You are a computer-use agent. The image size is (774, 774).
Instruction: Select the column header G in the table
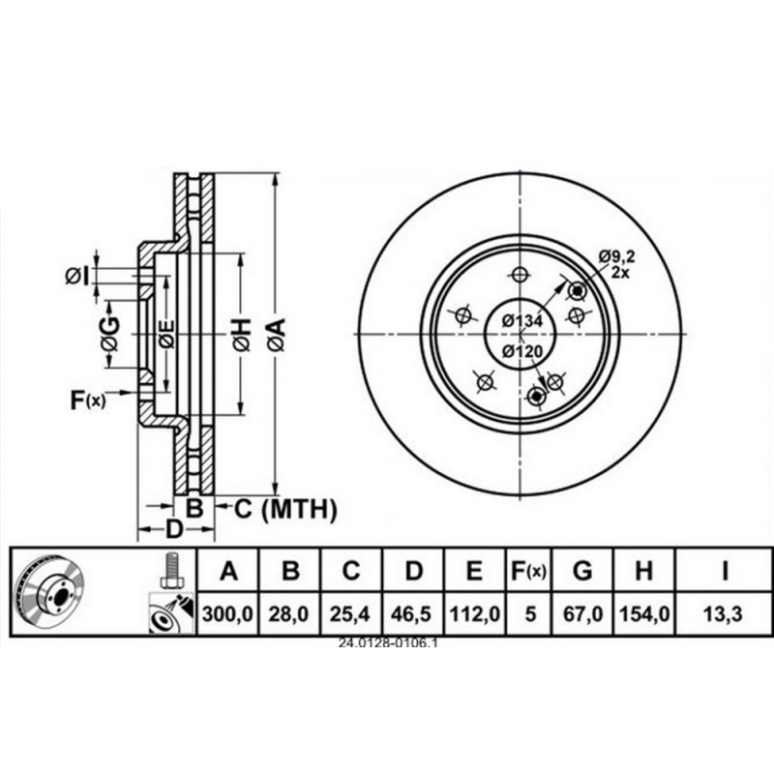[x=582, y=572]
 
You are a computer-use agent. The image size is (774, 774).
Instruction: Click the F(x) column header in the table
[x=528, y=572]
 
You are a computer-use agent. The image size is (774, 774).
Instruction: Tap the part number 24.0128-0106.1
[x=388, y=642]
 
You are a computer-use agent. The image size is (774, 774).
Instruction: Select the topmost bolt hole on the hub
[x=521, y=273]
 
